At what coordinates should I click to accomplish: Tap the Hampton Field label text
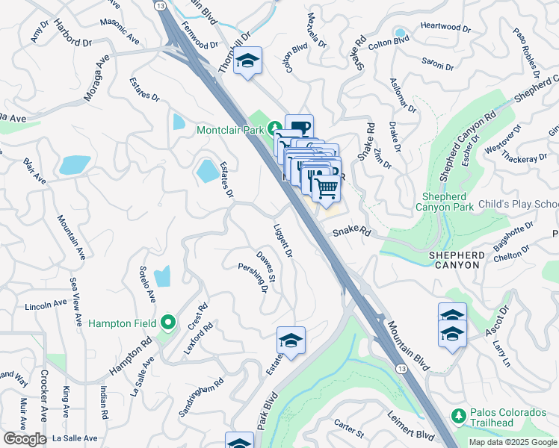click(x=122, y=323)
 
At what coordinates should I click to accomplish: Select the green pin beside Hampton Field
click(x=168, y=323)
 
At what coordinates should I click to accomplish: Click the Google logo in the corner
click(x=25, y=439)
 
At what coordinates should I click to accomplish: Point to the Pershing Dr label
click(x=253, y=278)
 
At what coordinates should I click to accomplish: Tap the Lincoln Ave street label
click(x=46, y=305)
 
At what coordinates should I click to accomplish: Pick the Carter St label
click(x=349, y=429)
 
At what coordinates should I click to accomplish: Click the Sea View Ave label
click(x=75, y=302)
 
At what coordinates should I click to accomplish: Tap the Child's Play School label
click(x=518, y=205)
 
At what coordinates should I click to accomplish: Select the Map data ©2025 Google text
click(x=512, y=442)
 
